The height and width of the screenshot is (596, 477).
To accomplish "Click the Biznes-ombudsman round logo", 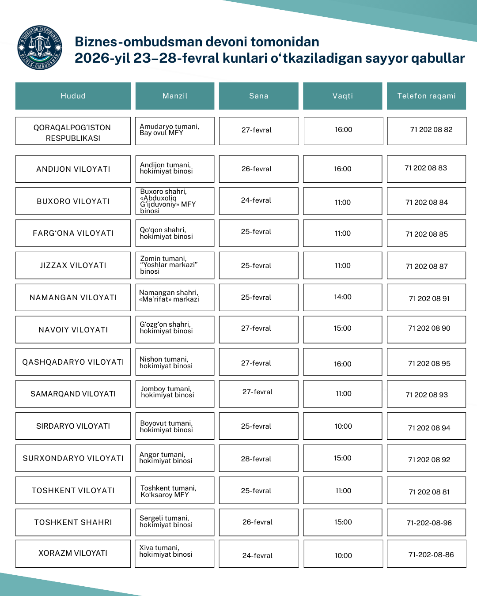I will [x=39, y=48].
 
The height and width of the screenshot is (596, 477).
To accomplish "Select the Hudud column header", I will [x=73, y=96].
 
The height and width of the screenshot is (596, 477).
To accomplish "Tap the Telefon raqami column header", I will [x=426, y=96].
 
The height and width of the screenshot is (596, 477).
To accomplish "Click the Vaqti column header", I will [x=342, y=96].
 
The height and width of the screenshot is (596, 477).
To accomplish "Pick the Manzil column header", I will [x=175, y=96].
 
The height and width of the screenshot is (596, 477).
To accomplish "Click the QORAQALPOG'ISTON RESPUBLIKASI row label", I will [x=73, y=132].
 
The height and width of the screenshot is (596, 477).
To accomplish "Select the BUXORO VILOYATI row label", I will [x=73, y=201].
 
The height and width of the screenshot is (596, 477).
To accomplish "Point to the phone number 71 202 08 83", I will [x=426, y=168].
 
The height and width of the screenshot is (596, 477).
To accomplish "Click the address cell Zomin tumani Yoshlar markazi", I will [x=174, y=265].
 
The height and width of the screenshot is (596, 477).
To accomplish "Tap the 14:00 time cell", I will [x=343, y=297].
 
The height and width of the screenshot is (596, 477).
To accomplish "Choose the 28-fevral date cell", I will [x=256, y=459].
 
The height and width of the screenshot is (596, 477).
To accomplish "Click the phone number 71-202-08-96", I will [x=429, y=523].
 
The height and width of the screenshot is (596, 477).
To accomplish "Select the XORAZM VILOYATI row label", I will [x=73, y=553].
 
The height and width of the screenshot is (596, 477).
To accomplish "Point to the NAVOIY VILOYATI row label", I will [x=73, y=330].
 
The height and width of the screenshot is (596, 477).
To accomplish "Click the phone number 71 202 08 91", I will [x=429, y=299].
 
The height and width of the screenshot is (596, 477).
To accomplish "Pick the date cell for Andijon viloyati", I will [x=256, y=169].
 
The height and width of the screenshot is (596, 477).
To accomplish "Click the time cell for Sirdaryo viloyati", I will [x=343, y=426].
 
